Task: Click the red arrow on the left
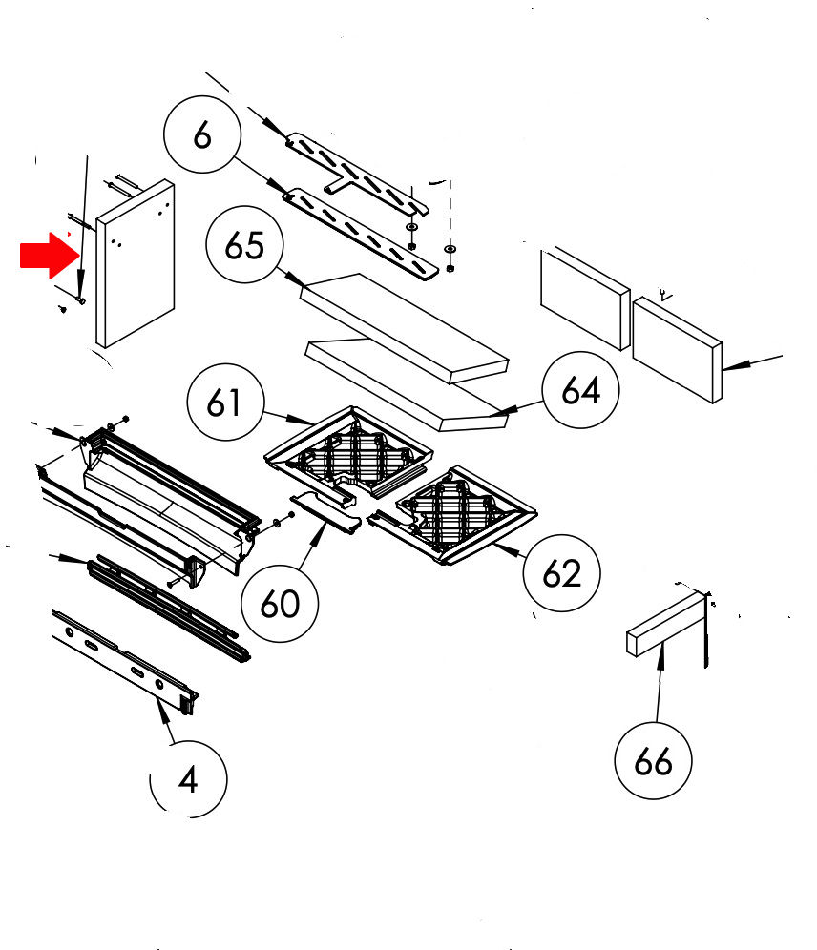pos(50,256)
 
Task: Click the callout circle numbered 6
pos(202,134)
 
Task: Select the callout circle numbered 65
pos(245,245)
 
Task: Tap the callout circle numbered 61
pos(225,402)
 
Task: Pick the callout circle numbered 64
pos(580,389)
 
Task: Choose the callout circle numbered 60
pos(280,604)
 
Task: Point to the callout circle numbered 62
pos(562,572)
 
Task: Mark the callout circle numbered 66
pos(653,760)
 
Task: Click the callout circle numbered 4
pos(188,779)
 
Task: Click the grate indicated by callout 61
pos(349,452)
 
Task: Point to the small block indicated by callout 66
pos(667,625)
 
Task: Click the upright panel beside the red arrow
pos(136,263)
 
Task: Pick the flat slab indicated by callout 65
pos(405,328)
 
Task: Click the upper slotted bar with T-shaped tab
pos(358,174)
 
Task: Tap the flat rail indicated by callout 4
pos(125,663)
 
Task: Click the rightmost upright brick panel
pos(678,350)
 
